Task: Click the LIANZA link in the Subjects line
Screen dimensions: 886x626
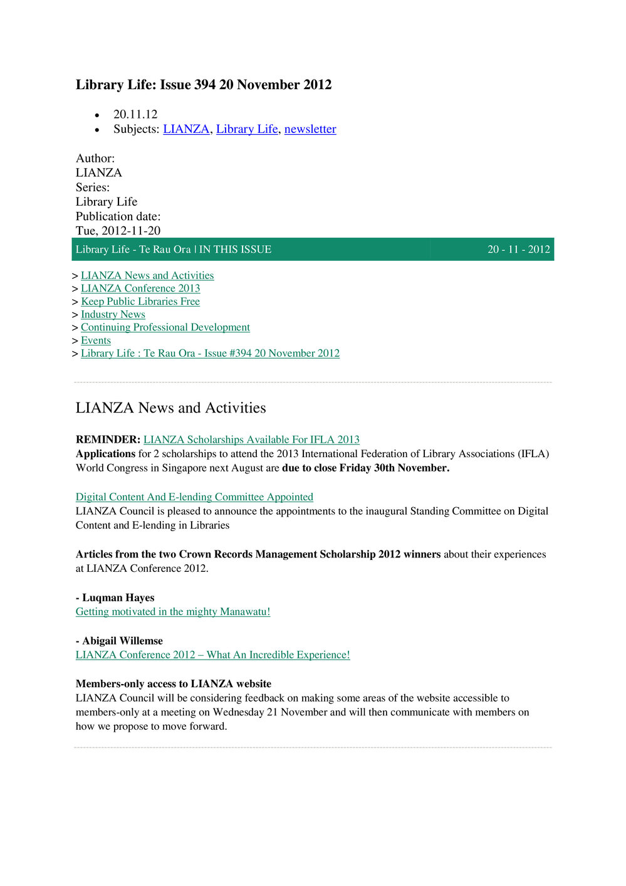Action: [186, 129]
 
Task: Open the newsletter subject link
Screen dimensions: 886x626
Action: [310, 129]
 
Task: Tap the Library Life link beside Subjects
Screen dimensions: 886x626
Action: [247, 129]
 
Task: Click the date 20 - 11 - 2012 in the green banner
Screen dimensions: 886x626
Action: [518, 250]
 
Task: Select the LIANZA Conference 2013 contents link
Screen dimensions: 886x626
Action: [140, 288]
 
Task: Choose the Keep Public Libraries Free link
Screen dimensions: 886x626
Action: [140, 302]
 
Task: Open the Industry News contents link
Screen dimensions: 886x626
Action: [113, 315]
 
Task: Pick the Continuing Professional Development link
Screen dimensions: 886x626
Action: [165, 327]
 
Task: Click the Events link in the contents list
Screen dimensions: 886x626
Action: [96, 340]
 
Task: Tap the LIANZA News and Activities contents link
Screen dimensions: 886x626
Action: [147, 276]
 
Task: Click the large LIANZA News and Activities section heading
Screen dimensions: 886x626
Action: [170, 408]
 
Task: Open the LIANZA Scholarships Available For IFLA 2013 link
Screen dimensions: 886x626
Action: [251, 440]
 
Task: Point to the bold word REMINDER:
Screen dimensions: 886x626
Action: [108, 440]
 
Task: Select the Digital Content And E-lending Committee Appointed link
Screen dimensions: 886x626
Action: [194, 497]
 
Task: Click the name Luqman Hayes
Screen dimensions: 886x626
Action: [118, 598]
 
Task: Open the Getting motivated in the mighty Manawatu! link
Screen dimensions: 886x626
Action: [173, 612]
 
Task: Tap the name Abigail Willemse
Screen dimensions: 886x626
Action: [122, 641]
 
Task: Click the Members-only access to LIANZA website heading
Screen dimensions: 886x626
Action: [174, 684]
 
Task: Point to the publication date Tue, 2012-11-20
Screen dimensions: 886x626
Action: [118, 231]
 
